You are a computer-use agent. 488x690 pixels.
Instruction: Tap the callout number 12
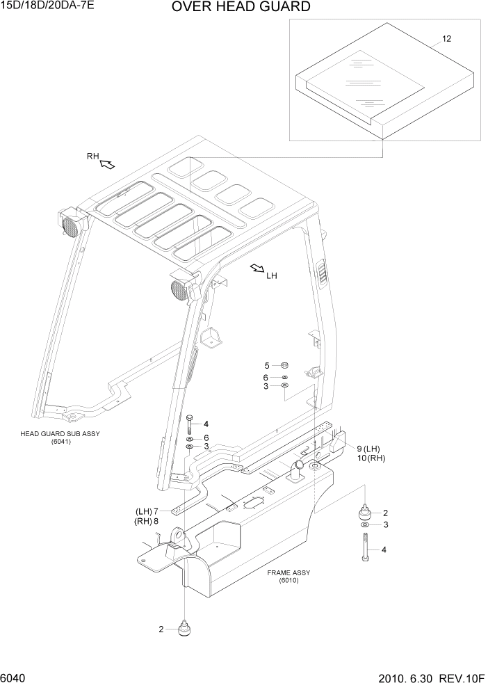pos(446,39)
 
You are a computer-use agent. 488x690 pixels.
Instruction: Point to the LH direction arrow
pos(257,268)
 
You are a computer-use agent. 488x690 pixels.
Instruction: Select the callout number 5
pos(266,365)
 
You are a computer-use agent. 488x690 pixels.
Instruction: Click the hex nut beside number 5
pos(284,365)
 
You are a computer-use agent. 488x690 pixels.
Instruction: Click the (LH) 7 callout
pos(147,511)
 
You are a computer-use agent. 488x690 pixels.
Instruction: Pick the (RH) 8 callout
pos(147,521)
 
